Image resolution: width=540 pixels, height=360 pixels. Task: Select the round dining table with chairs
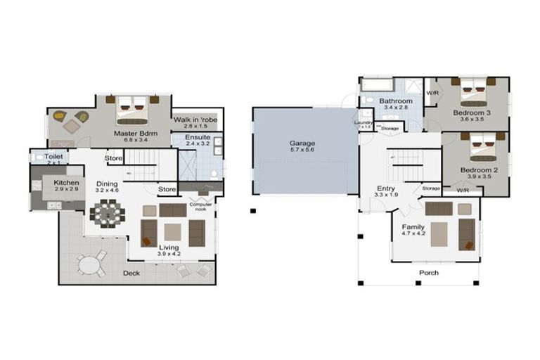click(108, 212)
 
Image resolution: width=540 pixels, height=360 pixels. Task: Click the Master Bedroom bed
click(132, 108)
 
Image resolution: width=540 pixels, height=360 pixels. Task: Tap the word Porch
click(429, 273)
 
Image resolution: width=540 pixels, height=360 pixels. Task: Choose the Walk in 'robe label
click(196, 120)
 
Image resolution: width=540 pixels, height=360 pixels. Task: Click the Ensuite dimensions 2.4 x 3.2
click(198, 143)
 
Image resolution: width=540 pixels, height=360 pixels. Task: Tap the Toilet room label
click(54, 156)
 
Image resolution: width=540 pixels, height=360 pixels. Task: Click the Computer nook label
click(200, 206)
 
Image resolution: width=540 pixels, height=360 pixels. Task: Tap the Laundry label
click(364, 122)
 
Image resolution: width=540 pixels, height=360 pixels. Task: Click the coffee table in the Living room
click(173, 231)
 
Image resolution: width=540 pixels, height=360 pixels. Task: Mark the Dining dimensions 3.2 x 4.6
click(108, 190)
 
